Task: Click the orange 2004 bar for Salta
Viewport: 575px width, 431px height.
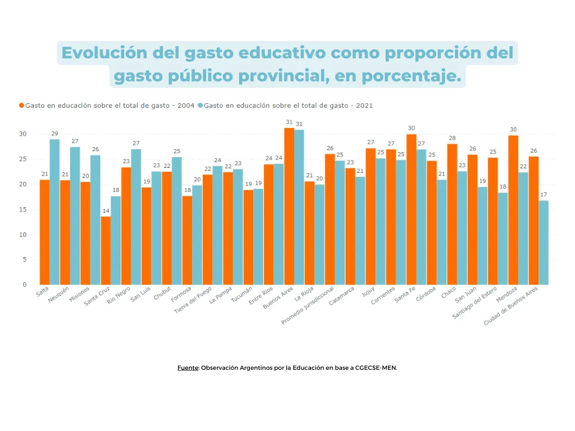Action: coord(44,232)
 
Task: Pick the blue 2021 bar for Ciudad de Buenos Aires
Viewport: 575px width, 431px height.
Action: coord(544,242)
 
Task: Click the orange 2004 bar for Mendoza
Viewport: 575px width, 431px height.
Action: coord(513,210)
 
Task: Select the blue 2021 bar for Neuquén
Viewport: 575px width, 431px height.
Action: coord(75,216)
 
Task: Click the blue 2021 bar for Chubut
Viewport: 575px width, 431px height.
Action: coord(176,221)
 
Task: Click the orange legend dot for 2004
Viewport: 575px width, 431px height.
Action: coord(22,106)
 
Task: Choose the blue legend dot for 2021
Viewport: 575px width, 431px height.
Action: coord(200,106)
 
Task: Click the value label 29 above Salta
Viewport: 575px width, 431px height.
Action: coord(54,133)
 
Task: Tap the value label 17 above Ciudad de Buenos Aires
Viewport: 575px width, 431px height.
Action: coord(544,194)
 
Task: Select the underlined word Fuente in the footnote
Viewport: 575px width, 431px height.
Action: coord(188,368)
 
